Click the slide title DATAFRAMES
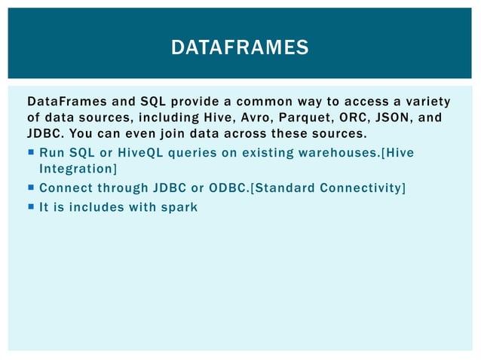click(x=240, y=48)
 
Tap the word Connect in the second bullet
click(x=63, y=188)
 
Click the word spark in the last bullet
click(x=179, y=206)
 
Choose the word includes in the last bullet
click(x=94, y=206)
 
